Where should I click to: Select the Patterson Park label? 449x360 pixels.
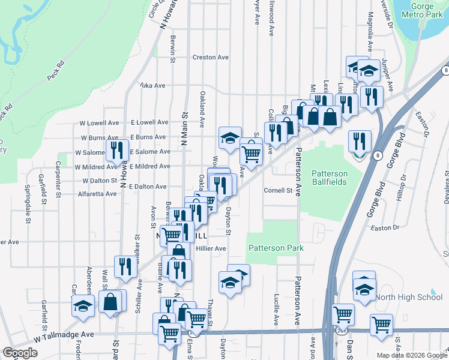pos(276,248)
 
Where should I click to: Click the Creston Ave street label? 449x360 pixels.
pos(211,58)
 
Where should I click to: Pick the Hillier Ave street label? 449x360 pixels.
pos(211,248)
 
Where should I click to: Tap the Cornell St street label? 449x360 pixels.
pos(278,191)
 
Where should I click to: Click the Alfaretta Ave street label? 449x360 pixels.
pos(97,194)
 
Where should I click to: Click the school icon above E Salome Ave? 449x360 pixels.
pos(229,137)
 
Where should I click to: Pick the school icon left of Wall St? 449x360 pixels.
pos(83,305)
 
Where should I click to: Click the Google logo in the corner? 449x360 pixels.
pos(20,353)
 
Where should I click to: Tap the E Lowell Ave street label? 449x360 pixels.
pos(148,122)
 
